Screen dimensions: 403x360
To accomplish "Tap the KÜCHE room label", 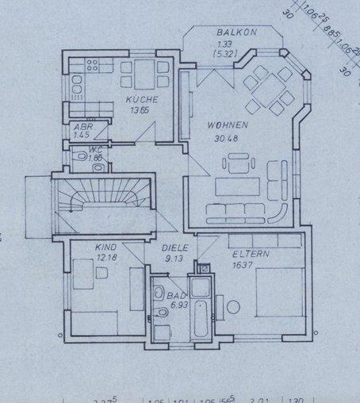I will (142, 100).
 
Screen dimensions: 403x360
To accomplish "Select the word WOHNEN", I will (228, 125).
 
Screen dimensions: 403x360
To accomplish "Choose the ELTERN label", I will (251, 255).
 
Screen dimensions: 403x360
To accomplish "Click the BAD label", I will (176, 296).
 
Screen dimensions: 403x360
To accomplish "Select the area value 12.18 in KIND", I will (105, 258).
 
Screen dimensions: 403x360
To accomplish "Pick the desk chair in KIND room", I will (102, 273).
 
